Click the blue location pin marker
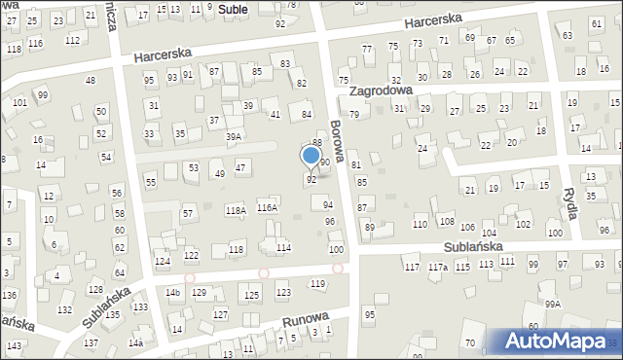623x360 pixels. [311, 156]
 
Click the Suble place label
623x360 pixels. [233, 9]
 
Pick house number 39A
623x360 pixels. [234, 137]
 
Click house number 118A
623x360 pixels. [235, 210]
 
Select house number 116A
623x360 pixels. [267, 208]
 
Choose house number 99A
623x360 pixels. [553, 305]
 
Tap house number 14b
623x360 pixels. [173, 292]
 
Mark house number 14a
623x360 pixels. [137, 342]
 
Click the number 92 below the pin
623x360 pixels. [311, 180]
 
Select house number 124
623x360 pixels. [163, 262]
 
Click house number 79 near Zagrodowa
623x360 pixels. [354, 115]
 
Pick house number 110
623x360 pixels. [420, 225]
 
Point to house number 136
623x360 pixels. [9, 295]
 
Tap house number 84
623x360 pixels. [306, 115]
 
